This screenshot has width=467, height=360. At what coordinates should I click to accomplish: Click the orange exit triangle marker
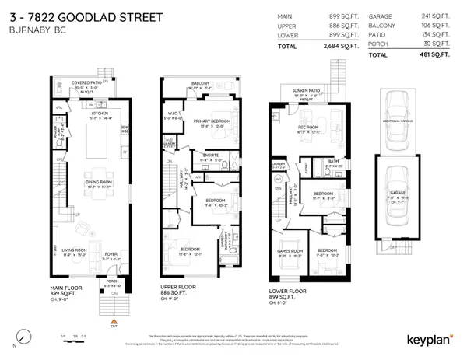pos(114,320)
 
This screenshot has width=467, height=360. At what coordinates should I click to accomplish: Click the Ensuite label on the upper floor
pos(209,156)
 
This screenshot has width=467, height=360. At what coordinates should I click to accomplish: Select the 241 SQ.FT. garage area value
pos(438,16)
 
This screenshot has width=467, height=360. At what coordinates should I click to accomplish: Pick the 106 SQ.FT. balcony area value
pos(438,26)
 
